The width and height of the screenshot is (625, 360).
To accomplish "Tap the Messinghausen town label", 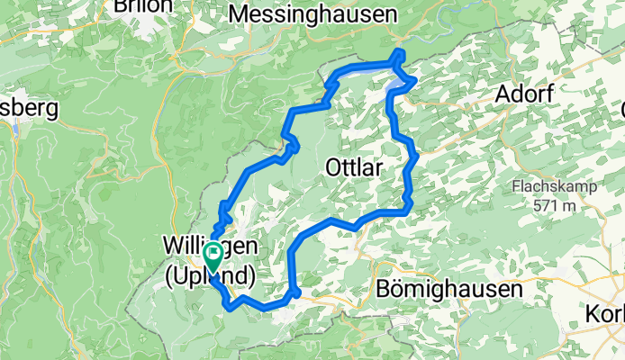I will click(313, 14).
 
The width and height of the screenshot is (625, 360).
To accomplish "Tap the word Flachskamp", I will click(551, 187).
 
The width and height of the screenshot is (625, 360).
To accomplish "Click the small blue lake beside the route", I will click(396, 87).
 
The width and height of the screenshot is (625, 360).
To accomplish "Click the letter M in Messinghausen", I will click(240, 14).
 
